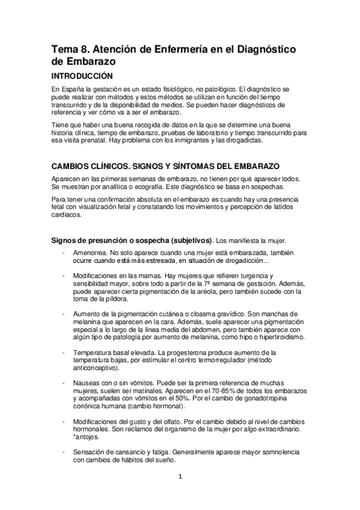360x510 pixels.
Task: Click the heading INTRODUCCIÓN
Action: [82, 77]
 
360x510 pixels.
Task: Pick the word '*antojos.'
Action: [85, 437]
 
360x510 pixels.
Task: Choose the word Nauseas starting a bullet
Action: [87, 382]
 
